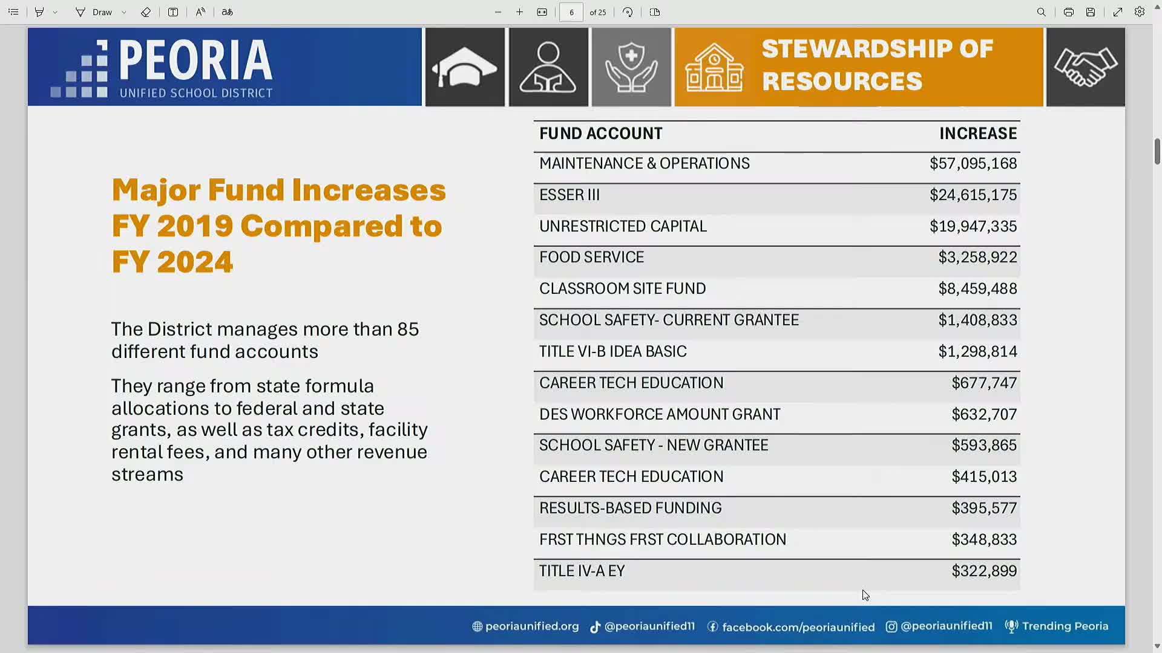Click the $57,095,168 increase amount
973,164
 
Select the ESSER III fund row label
570,195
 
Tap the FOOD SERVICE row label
591,258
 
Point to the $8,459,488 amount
977,289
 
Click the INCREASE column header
978,134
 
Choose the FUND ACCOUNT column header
601,134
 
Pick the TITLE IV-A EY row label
582,571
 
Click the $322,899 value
984,571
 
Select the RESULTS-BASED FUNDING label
630,508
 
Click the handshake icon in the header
1086,67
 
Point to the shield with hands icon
631,67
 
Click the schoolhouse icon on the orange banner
714,68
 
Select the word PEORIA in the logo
196,60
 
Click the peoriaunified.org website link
525,626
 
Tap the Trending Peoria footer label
1057,626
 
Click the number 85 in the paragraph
408,330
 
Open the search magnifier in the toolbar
1041,12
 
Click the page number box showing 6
571,12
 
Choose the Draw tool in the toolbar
95,12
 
